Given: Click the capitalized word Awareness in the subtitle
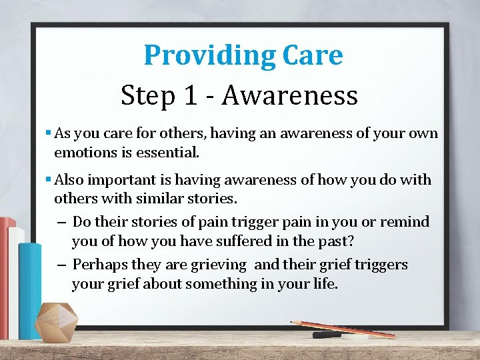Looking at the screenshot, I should click(x=290, y=95).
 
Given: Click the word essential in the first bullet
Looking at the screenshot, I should click(x=167, y=152).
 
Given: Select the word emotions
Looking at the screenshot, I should click(x=86, y=152).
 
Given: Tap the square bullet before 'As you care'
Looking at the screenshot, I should click(x=49, y=133).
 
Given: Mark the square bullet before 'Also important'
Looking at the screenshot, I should click(x=49, y=179).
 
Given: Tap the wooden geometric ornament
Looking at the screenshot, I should click(x=56, y=323).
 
